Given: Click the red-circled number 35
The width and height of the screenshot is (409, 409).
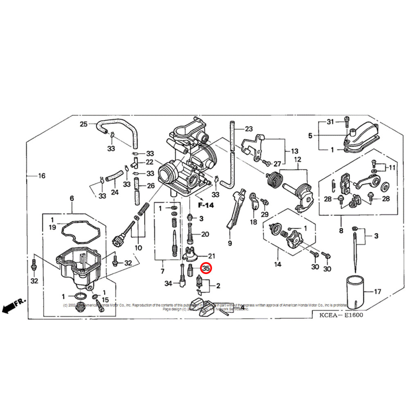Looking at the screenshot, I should [x=206, y=268].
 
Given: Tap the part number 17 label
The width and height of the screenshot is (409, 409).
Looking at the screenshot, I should [x=378, y=292].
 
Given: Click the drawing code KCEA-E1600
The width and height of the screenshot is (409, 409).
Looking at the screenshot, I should [x=337, y=315].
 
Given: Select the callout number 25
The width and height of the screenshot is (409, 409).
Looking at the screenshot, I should [x=83, y=124].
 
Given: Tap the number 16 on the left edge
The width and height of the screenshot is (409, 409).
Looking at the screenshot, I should [x=41, y=176].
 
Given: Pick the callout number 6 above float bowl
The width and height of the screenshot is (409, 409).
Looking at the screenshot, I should [x=72, y=198].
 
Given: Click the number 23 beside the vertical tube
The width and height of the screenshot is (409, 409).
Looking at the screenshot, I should [x=249, y=129].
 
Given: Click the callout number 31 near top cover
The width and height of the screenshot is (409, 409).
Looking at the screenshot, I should [x=330, y=122].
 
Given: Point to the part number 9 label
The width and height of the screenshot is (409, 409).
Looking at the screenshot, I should [x=230, y=243].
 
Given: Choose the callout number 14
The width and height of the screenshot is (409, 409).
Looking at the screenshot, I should [x=278, y=264].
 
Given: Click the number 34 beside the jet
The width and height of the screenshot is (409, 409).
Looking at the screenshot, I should [x=169, y=283].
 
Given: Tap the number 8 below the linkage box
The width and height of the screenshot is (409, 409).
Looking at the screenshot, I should [x=341, y=231].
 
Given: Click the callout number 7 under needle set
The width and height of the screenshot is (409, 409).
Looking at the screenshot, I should [x=162, y=271].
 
